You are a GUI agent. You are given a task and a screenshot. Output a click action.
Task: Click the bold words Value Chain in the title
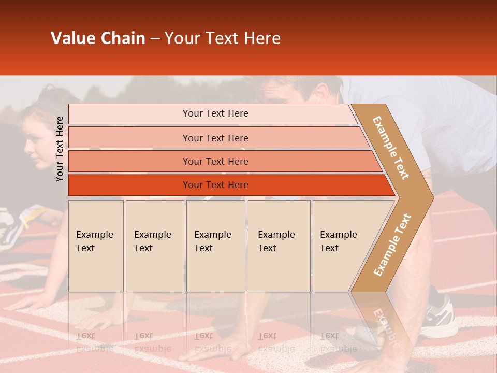click(x=98, y=38)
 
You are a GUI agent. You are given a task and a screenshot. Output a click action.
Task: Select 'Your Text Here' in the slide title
click(x=223, y=38)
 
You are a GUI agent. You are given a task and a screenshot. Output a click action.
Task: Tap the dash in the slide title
click(x=155, y=39)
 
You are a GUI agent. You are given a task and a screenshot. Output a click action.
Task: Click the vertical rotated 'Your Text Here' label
click(x=60, y=149)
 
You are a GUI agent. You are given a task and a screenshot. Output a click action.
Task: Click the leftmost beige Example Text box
click(x=96, y=246)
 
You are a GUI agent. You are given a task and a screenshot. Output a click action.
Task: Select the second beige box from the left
click(x=154, y=246)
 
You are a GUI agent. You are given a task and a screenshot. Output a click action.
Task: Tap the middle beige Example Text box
click(x=215, y=246)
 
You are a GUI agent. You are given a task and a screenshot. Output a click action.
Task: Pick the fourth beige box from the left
click(x=279, y=246)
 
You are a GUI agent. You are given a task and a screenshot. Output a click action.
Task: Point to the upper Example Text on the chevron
click(x=391, y=148)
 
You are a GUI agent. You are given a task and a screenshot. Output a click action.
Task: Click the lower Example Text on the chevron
click(x=392, y=245)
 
